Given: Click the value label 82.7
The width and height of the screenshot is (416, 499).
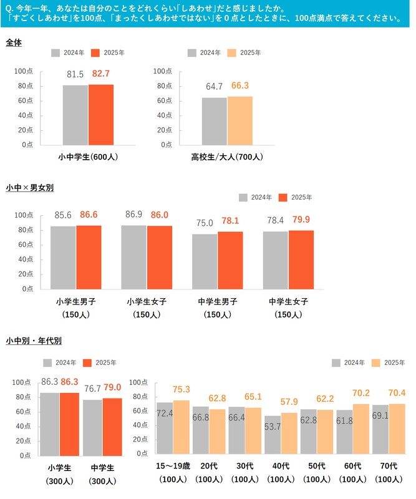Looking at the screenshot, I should tap(101, 74).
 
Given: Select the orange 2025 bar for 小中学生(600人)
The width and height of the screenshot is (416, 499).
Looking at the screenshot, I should tap(101, 115).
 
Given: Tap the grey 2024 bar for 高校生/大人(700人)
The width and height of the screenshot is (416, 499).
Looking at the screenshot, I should tap(214, 121).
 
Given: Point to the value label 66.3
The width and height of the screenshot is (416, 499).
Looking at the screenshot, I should tap(239, 85).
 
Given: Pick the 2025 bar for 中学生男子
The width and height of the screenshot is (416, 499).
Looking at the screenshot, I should tap(230, 260).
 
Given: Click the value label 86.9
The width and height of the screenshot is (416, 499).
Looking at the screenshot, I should tap(133, 214).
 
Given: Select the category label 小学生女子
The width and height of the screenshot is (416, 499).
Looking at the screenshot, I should tap(147, 302).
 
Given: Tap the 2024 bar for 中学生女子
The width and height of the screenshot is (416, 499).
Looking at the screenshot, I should tap(275, 260).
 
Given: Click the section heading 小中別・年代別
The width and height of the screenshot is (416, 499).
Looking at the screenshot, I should tap(33, 341).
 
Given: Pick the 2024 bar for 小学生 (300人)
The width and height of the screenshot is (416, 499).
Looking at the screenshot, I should tap(50, 424).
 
